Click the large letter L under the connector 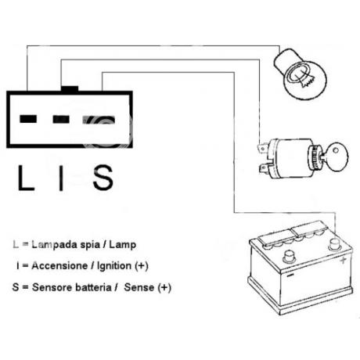26,178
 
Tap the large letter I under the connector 61,178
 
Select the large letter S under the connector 103,178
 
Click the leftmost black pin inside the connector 28,119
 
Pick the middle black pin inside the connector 61,119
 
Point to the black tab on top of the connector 70,88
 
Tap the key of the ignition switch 335,157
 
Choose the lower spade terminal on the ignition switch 264,168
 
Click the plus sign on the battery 344,260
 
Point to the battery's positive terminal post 334,245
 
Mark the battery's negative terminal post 289,257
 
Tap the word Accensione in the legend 59,266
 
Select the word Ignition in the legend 114,266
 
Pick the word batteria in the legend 93,287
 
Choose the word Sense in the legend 139,287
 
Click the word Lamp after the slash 123,245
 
